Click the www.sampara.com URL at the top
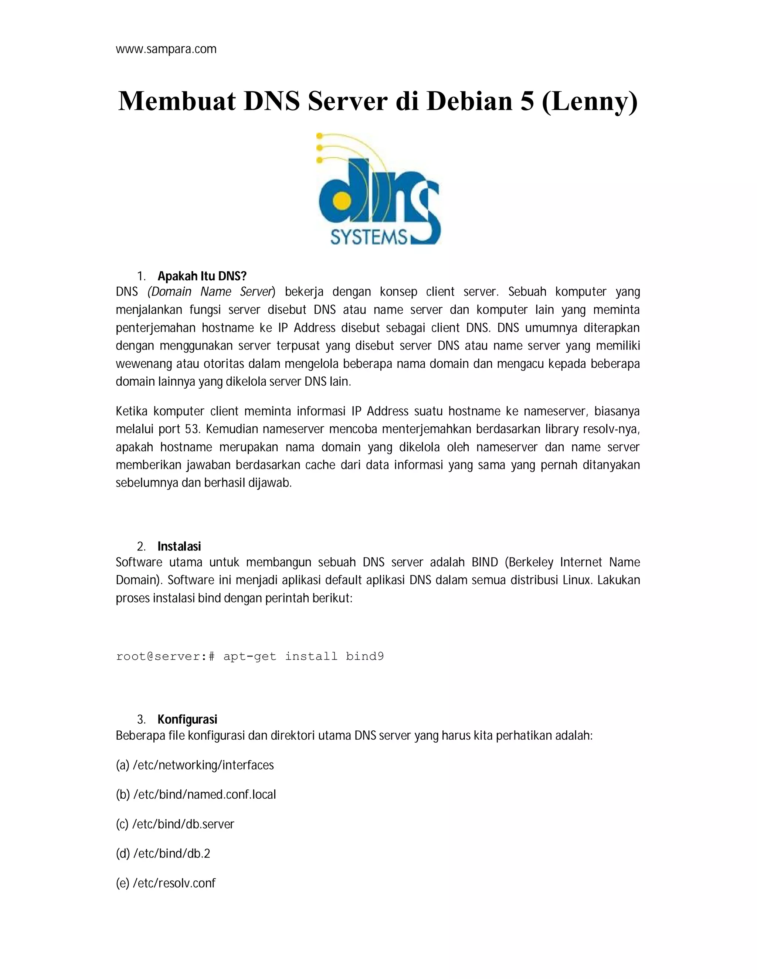[166, 49]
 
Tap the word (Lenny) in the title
[590, 102]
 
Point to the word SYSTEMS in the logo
[369, 237]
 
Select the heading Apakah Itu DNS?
[202, 276]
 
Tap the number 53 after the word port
[191, 429]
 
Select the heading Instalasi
[179, 546]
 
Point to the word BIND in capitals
[484, 562]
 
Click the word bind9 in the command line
[364, 657]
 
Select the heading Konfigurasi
[187, 719]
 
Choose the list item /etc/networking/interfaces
[203, 765]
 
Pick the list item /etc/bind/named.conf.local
[204, 795]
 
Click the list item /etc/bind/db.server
[183, 824]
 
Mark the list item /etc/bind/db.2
[171, 854]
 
